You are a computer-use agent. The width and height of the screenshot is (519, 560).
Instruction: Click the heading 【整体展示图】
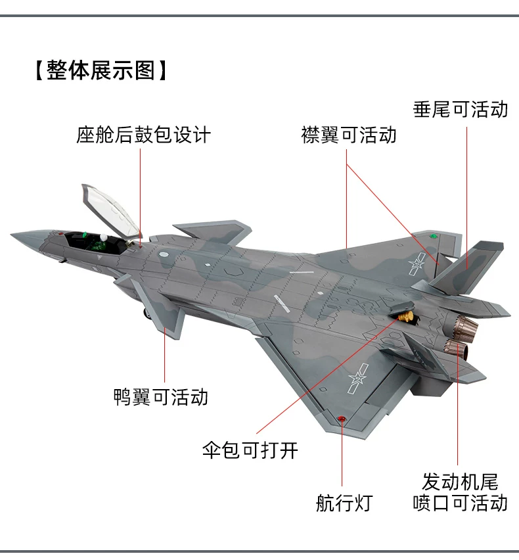101,70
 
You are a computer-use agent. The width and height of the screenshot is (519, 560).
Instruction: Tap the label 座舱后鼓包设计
143,135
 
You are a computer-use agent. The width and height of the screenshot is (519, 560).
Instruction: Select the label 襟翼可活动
348,135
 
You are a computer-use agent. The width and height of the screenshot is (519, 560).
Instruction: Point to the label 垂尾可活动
460,109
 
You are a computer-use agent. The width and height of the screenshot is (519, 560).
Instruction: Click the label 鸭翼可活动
161,396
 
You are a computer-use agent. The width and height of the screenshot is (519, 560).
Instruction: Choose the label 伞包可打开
250,450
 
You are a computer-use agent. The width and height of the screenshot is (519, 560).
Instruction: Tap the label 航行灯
343,503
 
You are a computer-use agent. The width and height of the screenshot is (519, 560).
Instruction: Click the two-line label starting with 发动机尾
460,492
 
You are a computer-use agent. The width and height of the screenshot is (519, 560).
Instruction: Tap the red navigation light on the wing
342,419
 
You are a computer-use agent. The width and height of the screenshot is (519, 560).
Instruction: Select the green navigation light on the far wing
433,234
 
